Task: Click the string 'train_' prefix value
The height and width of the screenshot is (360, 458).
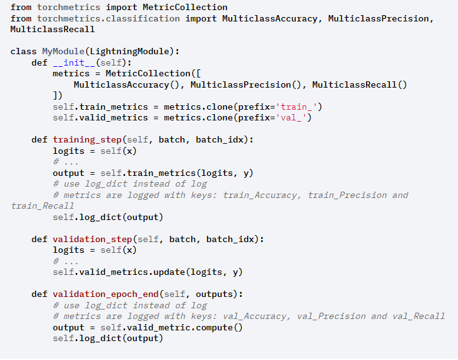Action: [298, 107]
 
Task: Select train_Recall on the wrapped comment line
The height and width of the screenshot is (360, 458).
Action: [42, 206]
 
